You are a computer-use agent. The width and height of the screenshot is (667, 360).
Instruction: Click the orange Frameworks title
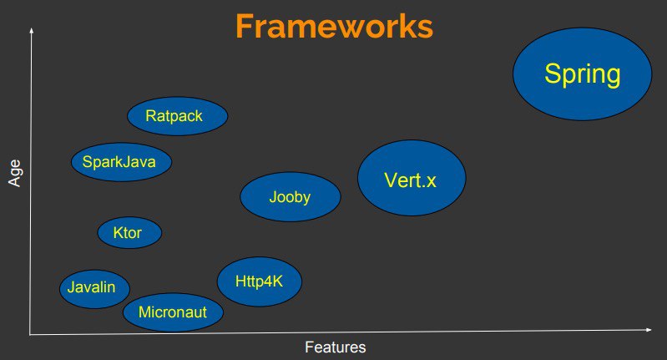pos(335,27)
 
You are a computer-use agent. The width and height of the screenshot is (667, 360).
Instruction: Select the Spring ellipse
pos(583,74)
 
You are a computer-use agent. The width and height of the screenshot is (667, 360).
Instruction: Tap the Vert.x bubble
pos(412,178)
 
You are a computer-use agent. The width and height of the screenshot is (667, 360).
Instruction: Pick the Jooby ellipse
pos(291,196)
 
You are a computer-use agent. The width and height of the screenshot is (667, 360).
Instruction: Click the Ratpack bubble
pos(177,116)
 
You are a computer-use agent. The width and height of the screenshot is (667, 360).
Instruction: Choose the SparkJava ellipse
pos(121,162)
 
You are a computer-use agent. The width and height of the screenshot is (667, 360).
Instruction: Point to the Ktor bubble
pos(129,233)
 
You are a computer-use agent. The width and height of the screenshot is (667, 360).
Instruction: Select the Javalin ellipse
pos(94,289)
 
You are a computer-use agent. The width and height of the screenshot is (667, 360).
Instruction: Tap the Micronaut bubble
pos(173,312)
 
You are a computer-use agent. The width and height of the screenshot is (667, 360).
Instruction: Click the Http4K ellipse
pos(260,281)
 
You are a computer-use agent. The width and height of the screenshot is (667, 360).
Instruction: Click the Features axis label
pos(336,347)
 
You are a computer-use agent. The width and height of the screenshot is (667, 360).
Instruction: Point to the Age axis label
pos(14,173)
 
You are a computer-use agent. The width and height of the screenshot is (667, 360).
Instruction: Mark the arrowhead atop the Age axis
pos(31,30)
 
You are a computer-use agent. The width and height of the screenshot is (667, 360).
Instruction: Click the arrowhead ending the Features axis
pos(649,329)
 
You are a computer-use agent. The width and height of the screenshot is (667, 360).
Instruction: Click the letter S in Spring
pos(552,74)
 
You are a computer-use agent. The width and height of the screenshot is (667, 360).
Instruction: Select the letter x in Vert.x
pos(431,183)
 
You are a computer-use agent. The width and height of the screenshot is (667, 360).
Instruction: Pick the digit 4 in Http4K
pos(267,281)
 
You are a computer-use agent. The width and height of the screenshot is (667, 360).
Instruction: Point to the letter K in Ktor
pos(118,232)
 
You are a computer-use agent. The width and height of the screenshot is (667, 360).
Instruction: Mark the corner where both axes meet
pos(30,334)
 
